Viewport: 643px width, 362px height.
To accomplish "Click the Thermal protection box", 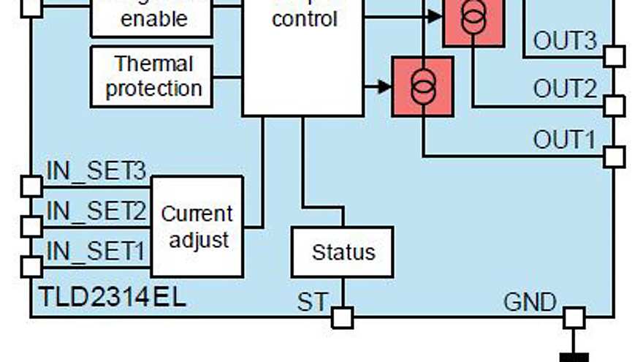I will (151, 76).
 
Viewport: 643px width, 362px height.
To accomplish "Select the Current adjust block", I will (196, 226).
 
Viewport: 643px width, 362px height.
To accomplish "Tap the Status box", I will (342, 252).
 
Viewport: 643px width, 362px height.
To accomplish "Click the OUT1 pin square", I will (614, 157).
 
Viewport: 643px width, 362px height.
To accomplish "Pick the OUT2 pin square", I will (614, 106).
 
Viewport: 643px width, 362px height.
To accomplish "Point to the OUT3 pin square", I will (614, 56).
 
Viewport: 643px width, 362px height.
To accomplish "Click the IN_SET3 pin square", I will (31, 186).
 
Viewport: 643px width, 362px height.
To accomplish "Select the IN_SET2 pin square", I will (31, 226).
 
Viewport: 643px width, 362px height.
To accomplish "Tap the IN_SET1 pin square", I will (31, 266).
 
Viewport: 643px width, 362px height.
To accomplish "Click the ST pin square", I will (342, 317).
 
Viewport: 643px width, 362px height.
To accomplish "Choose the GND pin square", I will (574, 317).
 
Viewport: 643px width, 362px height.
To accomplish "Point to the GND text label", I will (530, 301).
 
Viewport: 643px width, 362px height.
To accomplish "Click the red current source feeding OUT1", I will (422, 86).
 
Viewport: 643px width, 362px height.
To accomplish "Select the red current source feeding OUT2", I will (473, 20).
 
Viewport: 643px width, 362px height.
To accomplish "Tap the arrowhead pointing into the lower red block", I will (385, 87).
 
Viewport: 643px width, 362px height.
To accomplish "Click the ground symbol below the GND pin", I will (574, 357).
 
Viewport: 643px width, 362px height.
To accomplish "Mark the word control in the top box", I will (305, 18).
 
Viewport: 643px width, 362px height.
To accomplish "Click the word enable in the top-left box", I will (154, 19).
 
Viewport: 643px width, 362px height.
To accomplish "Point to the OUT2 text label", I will (565, 89).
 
